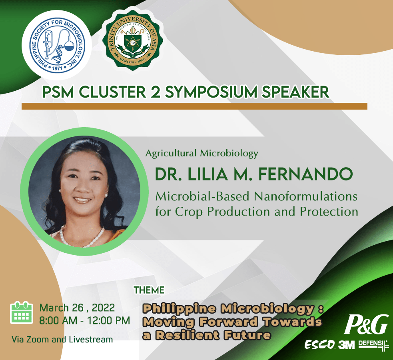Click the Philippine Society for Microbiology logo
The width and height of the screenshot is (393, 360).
57,45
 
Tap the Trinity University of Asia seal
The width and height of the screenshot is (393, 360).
133,40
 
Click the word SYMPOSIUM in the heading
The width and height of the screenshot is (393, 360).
211,92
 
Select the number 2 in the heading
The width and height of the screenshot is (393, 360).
156,92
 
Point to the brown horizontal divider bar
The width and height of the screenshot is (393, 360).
194,106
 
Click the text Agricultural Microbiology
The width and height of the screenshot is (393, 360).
202,153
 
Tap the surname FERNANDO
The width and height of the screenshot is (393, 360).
305,174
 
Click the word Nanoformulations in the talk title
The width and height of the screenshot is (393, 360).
306,196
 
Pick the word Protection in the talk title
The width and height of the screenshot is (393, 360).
329,212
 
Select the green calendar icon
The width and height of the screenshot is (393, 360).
22,313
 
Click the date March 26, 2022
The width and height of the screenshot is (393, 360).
77,308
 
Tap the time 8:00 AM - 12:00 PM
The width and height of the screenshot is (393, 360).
84,321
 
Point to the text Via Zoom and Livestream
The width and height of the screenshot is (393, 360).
62,340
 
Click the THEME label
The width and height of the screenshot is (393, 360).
149,290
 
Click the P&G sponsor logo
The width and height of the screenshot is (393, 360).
366,324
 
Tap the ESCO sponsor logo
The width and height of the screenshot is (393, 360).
320,344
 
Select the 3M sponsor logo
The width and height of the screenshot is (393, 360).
347,345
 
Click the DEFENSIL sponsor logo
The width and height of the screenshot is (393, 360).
373,345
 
